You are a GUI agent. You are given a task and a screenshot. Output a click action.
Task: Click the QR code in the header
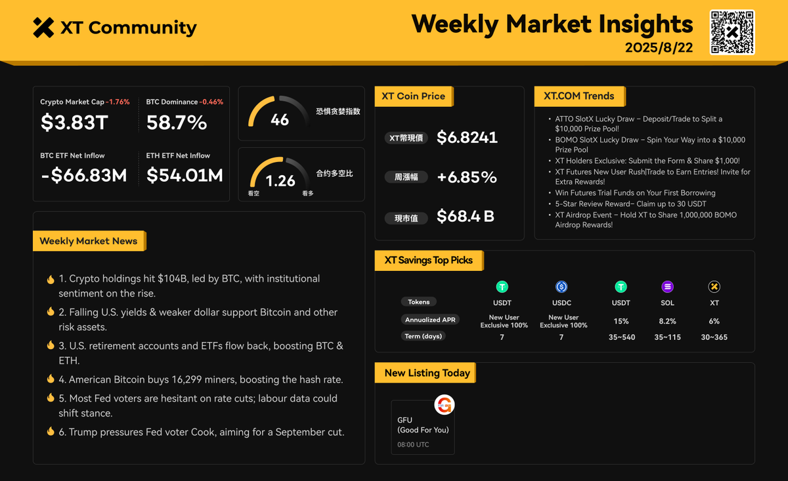tap(732, 32)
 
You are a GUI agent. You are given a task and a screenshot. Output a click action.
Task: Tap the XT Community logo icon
tap(43, 28)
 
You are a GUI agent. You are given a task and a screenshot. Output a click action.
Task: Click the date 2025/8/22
tap(659, 48)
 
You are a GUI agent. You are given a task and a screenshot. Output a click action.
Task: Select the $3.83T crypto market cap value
tap(74, 123)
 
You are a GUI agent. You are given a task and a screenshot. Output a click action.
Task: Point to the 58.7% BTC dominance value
tap(177, 123)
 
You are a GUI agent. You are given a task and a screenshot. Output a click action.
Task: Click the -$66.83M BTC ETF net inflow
tap(83, 175)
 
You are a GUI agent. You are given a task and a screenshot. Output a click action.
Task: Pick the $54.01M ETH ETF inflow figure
tap(185, 175)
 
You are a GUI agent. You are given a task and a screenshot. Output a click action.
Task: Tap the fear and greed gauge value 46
tap(280, 119)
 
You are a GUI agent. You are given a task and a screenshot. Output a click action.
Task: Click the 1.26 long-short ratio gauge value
tap(280, 180)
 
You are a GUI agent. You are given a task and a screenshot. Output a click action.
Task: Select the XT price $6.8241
tap(467, 137)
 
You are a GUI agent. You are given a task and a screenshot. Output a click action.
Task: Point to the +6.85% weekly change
tap(466, 177)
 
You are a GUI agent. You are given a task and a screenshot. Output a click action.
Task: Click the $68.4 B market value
tap(465, 216)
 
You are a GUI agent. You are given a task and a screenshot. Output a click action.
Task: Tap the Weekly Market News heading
tap(89, 241)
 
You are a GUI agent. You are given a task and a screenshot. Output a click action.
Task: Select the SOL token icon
tap(667, 287)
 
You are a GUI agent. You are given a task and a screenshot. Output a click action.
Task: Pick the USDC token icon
tap(561, 287)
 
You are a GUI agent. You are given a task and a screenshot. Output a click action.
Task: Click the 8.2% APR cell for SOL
tap(667, 321)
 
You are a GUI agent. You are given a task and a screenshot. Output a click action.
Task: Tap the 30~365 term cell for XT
tap(714, 337)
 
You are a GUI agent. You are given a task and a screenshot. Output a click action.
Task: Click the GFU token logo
tap(445, 405)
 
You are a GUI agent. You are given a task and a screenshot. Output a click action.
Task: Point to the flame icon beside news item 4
tap(51, 379)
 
